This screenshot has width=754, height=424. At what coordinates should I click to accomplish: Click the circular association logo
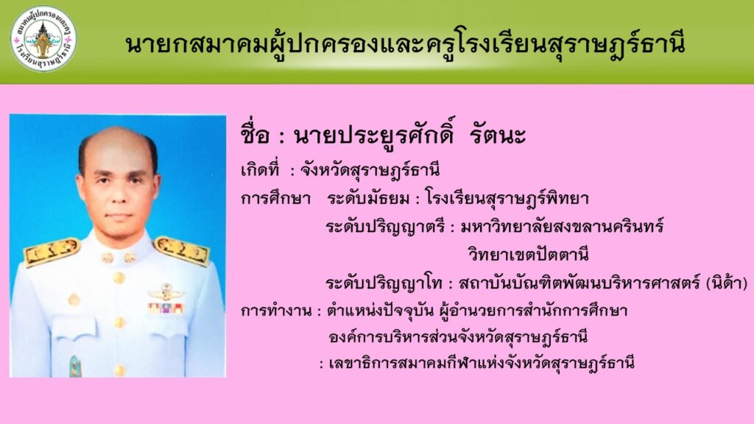[43, 39]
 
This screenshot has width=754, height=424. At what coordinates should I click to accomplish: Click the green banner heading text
[405, 45]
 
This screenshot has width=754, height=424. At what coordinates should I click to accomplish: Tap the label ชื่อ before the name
[255, 134]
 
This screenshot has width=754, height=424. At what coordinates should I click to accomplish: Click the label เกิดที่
[260, 170]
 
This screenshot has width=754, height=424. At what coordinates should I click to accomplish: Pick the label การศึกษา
[275, 199]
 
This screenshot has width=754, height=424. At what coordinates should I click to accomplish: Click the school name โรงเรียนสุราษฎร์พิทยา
[507, 199]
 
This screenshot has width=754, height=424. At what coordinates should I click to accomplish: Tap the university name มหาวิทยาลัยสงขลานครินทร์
[562, 226]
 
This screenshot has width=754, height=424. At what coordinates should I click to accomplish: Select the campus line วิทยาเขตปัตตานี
[529, 254]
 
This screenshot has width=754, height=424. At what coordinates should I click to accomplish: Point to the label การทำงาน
[276, 311]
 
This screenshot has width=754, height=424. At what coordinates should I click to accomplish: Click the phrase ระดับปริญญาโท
[384, 283]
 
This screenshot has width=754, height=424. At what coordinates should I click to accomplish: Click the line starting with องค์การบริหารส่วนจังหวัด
[458, 336]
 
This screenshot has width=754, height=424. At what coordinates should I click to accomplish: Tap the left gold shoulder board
[51, 252]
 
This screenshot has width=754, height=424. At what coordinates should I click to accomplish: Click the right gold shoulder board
[183, 250]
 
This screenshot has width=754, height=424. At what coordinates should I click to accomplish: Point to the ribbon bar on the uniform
[166, 308]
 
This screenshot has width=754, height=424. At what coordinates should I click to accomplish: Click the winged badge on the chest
[166, 292]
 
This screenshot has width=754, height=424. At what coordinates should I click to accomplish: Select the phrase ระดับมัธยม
[368, 199]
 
